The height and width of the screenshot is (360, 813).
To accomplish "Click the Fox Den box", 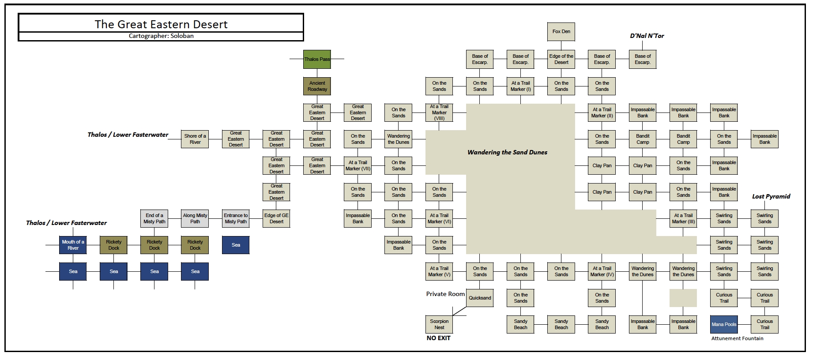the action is (561, 31).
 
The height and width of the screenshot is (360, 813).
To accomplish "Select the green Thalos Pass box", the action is (317, 59).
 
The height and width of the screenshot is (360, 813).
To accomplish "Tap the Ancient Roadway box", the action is (317, 86).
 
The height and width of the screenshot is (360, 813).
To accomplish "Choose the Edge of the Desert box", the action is (561, 59).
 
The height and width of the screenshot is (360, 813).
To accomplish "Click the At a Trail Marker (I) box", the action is (520, 86).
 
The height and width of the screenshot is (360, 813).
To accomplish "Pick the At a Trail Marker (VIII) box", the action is (439, 112).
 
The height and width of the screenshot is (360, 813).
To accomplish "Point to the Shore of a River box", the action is (195, 139).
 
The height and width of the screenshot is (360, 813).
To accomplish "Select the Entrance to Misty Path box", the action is (236, 218).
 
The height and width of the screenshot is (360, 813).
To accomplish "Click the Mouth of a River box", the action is (73, 245).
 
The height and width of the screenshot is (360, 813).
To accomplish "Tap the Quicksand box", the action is (480, 298).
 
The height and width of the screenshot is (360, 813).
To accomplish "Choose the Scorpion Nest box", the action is (439, 324).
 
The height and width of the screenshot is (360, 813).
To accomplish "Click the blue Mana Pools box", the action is (724, 324).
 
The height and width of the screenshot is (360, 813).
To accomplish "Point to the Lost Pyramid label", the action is (771, 196).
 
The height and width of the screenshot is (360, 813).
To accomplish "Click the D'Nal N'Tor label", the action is (647, 36).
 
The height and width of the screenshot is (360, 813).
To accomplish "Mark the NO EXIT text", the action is (438, 338).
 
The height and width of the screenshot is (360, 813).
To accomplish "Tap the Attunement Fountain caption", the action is (737, 338).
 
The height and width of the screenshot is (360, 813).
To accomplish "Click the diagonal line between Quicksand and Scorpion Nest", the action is (459, 311).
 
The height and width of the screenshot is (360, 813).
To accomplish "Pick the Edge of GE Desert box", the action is (276, 218).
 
